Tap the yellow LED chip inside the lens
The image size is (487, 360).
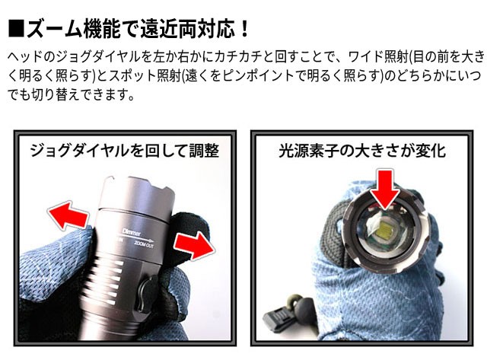(x=380, y=231)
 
